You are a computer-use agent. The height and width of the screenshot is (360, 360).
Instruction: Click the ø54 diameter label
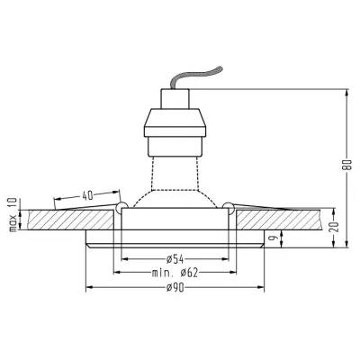[x=175, y=258]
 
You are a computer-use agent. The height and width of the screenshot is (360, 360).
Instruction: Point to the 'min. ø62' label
[x=175, y=273]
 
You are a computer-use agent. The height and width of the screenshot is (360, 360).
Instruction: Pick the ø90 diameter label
[x=175, y=288]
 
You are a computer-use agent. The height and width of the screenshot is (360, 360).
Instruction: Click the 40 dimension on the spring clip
[x=87, y=195]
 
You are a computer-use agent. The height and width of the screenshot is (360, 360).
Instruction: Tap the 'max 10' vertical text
[x=13, y=215]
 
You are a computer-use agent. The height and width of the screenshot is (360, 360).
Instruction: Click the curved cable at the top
[x=195, y=76]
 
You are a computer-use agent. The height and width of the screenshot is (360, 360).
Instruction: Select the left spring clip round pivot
[x=121, y=207]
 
